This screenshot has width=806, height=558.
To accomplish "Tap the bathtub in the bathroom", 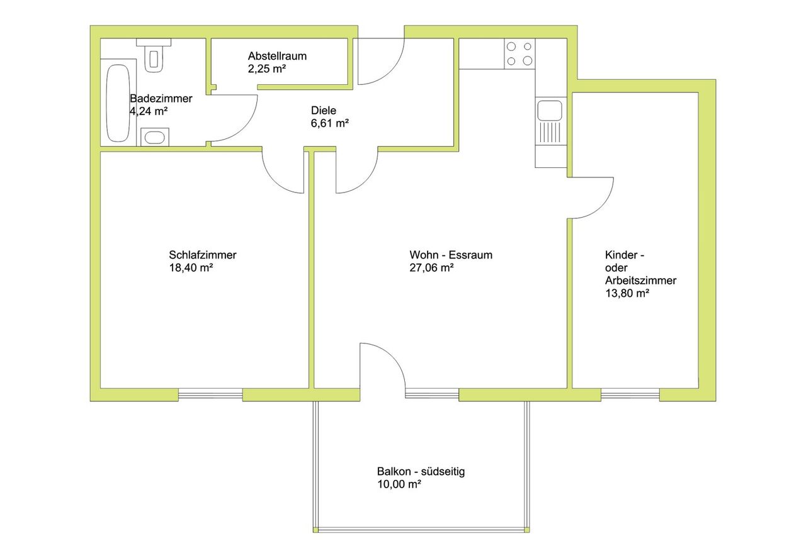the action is click(x=118, y=103).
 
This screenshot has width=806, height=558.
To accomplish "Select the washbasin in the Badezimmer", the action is click(x=155, y=137).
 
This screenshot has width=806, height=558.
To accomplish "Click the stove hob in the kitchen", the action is click(x=519, y=53).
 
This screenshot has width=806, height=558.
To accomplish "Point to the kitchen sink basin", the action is click(x=550, y=110).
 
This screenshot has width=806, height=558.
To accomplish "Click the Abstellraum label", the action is click(x=277, y=56).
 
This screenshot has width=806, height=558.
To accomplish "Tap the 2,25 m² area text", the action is click(x=266, y=69).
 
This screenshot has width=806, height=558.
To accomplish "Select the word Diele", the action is click(x=324, y=110).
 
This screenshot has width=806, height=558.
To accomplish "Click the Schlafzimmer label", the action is click(x=203, y=255).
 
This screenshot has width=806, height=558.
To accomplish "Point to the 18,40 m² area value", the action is click(x=191, y=268).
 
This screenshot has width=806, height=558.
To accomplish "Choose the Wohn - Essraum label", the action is click(x=451, y=255).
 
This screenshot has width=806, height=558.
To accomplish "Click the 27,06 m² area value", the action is click(x=431, y=268).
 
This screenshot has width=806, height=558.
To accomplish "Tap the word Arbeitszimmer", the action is click(x=640, y=281).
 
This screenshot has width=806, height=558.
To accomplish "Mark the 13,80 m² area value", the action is click(x=627, y=293).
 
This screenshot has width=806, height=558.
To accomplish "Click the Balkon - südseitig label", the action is click(x=421, y=471).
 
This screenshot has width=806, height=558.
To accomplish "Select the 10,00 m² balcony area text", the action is click(x=399, y=484).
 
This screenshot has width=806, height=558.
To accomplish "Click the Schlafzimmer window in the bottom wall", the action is click(x=210, y=394).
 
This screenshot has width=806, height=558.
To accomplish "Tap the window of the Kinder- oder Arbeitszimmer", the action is click(x=630, y=394).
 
